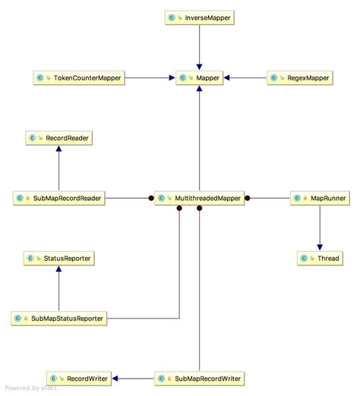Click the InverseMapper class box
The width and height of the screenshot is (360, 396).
pyautogui.click(x=199, y=16)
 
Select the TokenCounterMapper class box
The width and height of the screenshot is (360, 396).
pyautogui.click(x=78, y=77)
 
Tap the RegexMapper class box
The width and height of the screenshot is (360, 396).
pyautogui.click(x=298, y=77)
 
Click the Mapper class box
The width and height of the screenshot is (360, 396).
pyautogui.click(x=199, y=77)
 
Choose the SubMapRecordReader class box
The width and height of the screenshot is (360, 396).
pyautogui.click(x=58, y=198)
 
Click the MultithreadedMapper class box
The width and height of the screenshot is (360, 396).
pyautogui.click(x=199, y=198)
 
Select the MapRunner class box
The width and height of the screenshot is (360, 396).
pyautogui.click(x=320, y=198)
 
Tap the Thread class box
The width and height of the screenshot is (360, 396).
pyautogui.click(x=320, y=259)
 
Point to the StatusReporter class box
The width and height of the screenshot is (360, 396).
pyautogui.click(x=58, y=259)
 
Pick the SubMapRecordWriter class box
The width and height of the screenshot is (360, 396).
pyautogui.click(x=199, y=378)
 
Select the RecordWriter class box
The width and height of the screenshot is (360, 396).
pyautogui.click(x=78, y=378)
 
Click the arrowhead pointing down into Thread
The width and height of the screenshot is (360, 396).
pyautogui.click(x=320, y=247)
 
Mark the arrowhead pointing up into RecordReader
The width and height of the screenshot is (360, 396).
pyautogui.click(x=58, y=149)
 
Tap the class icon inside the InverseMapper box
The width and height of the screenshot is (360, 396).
pyautogui.click(x=172, y=16)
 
